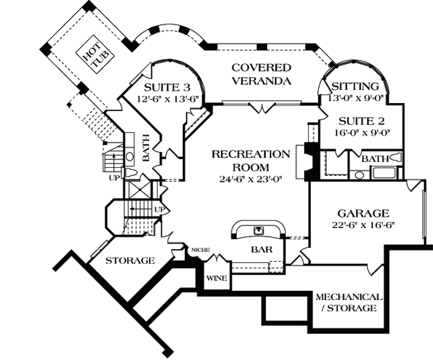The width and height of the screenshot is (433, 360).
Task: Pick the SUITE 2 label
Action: click(x=360, y=119)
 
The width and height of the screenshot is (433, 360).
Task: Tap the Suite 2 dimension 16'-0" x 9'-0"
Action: click(x=360, y=130)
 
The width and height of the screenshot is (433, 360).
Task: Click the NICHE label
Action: click(x=200, y=249)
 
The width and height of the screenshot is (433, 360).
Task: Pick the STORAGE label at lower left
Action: click(x=130, y=261)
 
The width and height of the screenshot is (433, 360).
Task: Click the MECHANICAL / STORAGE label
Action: click(x=349, y=302)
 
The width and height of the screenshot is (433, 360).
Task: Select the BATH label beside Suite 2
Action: click(x=374, y=159)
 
